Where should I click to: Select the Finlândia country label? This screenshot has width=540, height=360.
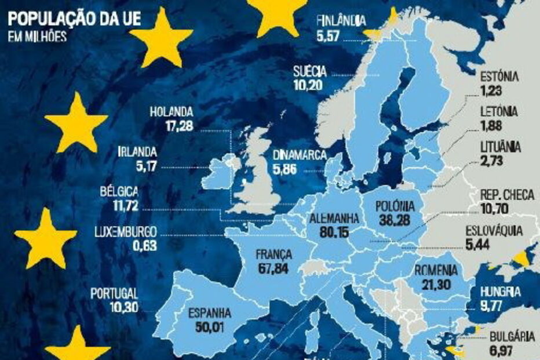(341, 21)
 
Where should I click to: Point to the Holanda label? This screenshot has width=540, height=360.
(171, 111)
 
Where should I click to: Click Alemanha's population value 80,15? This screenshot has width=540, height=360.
(334, 231)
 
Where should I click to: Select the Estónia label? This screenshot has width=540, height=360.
(500, 78)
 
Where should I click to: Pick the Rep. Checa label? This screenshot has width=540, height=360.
(507, 195)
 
